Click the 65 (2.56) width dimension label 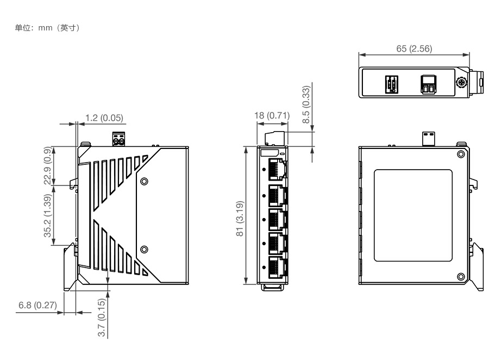[x=415, y=48]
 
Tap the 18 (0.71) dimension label [x=272, y=115]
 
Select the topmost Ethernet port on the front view [x=277, y=169]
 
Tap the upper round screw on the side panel [x=144, y=181]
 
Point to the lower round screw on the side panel [x=144, y=250]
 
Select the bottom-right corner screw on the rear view [x=461, y=277]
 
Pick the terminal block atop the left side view [x=119, y=140]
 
